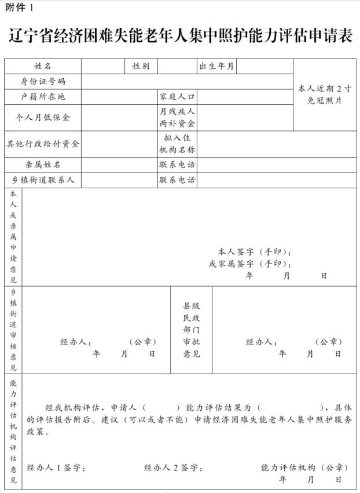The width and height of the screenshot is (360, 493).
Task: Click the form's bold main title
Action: pos(180,35)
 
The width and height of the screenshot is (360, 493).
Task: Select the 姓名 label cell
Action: pos(43,67)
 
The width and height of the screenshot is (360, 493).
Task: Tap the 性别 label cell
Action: pos(141,67)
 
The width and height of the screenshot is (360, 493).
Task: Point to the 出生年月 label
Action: pos(216,67)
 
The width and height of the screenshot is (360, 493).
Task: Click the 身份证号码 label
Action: pos(43,82)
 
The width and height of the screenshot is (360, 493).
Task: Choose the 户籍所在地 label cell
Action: pos(43,97)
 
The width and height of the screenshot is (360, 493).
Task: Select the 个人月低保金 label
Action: pos(43,118)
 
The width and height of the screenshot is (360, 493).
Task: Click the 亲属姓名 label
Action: pos(43,165)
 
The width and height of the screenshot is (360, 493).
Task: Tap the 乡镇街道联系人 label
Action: pos(43,180)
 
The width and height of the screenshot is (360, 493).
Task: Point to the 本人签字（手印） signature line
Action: pos(255,252)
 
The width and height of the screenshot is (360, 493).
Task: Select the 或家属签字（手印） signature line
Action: pos(250,264)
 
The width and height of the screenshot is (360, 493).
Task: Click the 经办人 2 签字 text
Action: pos(173,467)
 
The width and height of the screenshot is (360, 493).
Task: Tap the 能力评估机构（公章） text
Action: pos(304,467)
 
